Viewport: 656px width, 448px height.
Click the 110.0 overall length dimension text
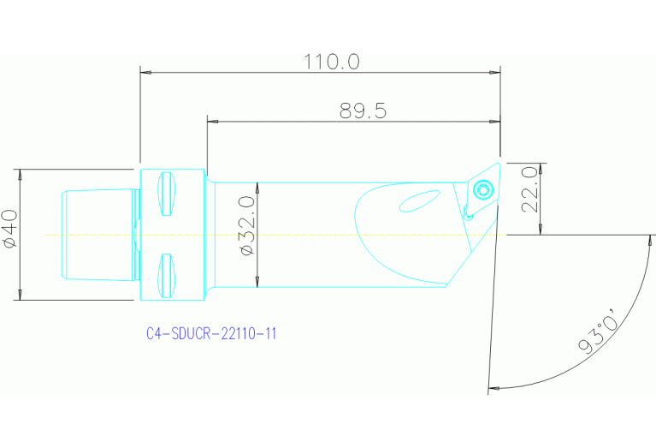point(332,62)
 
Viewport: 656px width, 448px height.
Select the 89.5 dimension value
point(363,111)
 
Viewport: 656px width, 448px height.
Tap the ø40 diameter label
point(11,229)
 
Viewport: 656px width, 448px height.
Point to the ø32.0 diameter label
point(247,225)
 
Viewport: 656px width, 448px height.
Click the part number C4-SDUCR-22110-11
point(211,334)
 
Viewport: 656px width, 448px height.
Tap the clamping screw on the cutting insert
point(484,188)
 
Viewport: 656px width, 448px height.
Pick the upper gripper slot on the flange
point(167,194)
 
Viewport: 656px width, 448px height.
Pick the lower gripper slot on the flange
point(167,273)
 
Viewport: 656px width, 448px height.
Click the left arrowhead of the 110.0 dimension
point(146,73)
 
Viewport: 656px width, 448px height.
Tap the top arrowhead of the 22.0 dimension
point(541,165)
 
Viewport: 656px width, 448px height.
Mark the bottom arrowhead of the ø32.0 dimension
point(257,282)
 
